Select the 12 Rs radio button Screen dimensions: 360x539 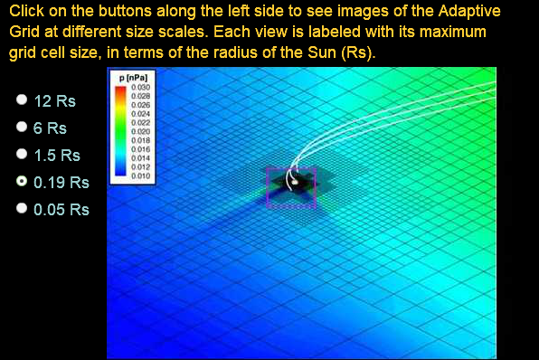(x=21, y=100)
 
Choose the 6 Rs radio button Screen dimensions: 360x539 (x=21, y=128)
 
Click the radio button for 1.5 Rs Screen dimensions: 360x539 (x=21, y=155)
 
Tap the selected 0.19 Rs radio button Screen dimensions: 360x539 (x=21, y=182)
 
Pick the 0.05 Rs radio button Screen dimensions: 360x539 (x=21, y=209)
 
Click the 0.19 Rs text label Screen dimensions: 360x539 (x=61, y=182)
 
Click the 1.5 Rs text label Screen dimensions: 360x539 (x=56, y=155)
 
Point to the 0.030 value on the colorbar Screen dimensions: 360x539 (x=140, y=87)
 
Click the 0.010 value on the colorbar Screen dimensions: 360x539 (x=140, y=176)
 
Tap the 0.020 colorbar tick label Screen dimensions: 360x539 (x=140, y=132)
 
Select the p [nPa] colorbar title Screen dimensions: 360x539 (x=132, y=80)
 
